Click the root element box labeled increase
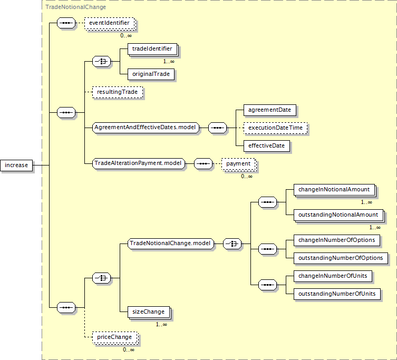pos(16,166)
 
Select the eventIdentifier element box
pos(109,23)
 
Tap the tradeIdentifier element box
pos(152,49)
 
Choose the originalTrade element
pos(151,74)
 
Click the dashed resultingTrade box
pos(118,92)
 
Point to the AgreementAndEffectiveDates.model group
pos(146,128)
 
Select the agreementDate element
pos(270,110)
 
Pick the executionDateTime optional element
pos(275,128)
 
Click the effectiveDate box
pos(267,146)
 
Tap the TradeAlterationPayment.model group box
pos(139,163)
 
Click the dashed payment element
pos(238,164)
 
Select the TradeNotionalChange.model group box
pos(171,244)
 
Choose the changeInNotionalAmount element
pos(334,190)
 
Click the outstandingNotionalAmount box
pos(338,215)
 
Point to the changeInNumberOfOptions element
pos(337,240)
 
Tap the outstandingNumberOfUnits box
pos(337,294)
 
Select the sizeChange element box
pos(149,312)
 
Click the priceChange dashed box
pos(115,337)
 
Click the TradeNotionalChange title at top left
pos(76,7)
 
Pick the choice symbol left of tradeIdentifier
pos(102,62)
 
